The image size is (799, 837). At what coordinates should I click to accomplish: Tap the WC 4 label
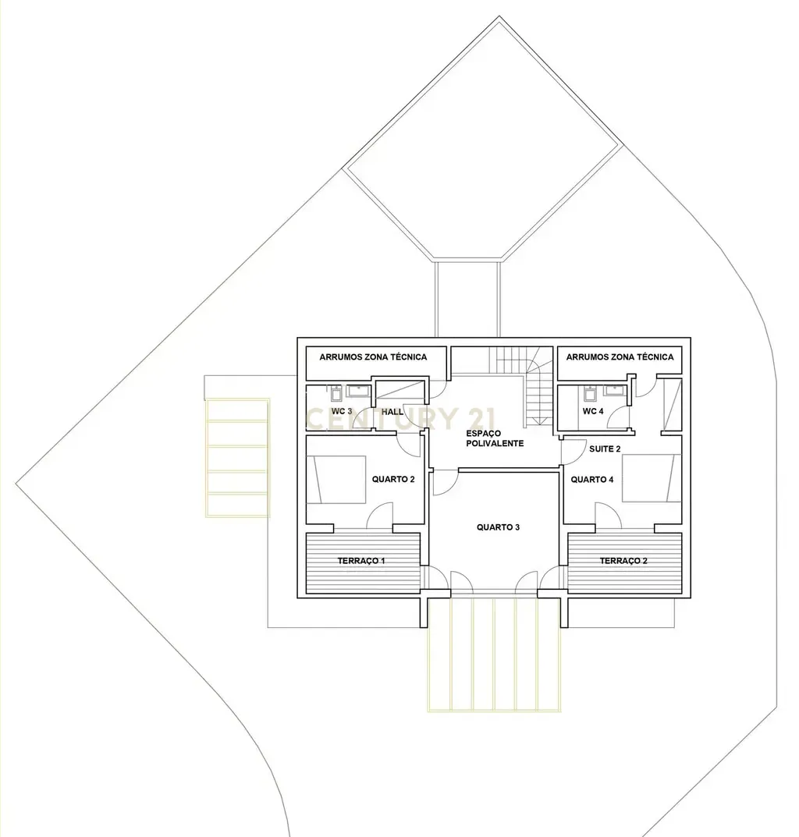coord(593,411)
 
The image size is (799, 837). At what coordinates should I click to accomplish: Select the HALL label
coord(392,411)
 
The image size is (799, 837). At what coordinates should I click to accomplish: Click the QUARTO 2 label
coord(392,479)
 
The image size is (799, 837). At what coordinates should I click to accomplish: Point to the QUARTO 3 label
coord(498,527)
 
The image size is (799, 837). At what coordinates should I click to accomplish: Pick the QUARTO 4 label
coord(592,480)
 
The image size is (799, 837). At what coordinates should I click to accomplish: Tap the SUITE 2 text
coord(605,449)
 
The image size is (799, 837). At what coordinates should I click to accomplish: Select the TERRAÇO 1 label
coord(361,561)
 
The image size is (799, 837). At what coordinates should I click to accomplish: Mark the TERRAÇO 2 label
coord(623,561)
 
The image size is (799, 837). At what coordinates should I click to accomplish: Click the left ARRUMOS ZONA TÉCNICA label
coord(373,357)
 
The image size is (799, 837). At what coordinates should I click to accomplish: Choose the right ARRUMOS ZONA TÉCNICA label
coord(620,357)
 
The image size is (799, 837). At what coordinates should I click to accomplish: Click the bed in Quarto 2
coord(337,479)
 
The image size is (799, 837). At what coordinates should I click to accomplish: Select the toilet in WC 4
coord(589,392)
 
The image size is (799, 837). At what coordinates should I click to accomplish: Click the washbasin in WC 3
coord(360,390)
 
